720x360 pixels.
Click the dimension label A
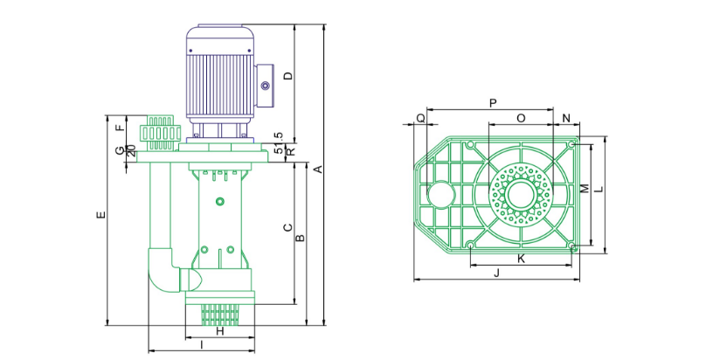(318, 170)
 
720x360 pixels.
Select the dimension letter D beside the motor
(288, 76)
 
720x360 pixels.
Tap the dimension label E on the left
(101, 214)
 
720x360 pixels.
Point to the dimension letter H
(220, 330)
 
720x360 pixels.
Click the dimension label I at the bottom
(202, 344)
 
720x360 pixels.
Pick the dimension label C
(288, 227)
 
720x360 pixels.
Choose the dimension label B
(300, 238)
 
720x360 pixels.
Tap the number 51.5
(278, 142)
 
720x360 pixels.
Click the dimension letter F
(120, 128)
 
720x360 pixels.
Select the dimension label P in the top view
(493, 103)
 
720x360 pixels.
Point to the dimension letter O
(521, 119)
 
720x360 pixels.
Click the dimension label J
(496, 273)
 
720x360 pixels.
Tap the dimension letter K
(521, 259)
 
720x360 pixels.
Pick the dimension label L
(598, 189)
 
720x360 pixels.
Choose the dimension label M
(585, 188)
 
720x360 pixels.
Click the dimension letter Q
(420, 119)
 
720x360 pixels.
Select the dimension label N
(566, 119)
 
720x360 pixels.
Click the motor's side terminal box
(265, 86)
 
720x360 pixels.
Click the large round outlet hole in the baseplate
(440, 195)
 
